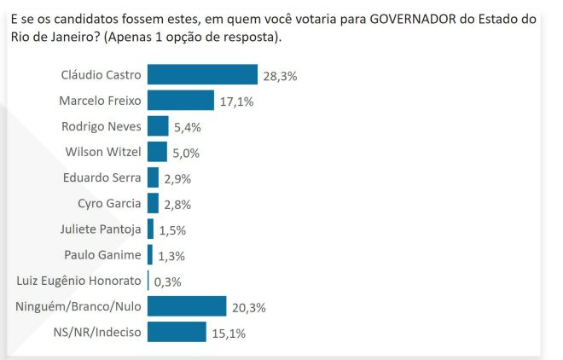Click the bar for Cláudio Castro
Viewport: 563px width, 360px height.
(202, 75)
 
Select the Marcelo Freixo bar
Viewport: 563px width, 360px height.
(180, 101)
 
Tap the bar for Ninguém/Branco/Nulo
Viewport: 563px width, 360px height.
(187, 306)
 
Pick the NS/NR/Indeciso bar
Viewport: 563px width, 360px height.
(177, 332)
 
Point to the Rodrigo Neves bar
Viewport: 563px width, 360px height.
(158, 126)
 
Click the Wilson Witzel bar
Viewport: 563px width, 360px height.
(157, 152)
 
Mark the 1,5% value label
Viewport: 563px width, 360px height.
(172, 230)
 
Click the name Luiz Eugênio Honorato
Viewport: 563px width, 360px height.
(78, 281)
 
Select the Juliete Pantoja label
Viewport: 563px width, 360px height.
(101, 229)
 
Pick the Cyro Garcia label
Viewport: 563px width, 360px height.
(104, 203)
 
